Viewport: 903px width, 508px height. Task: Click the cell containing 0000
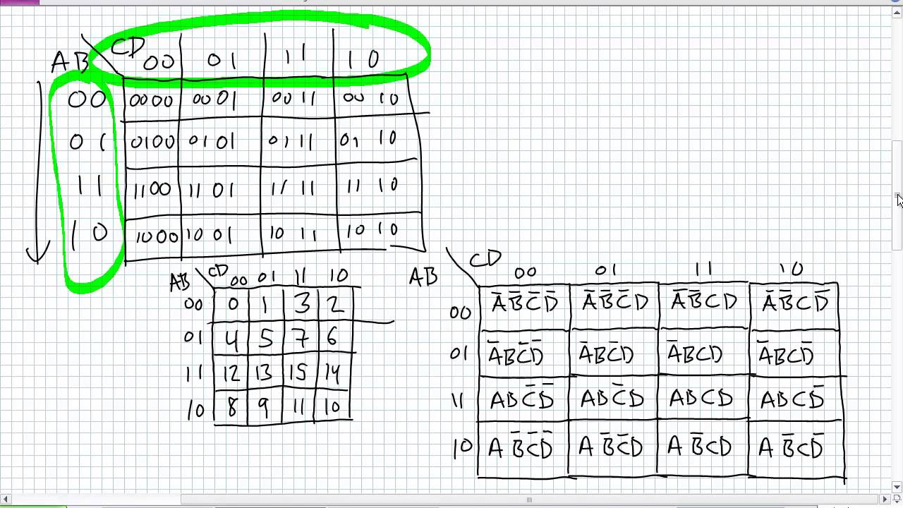click(151, 100)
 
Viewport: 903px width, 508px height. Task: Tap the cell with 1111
click(292, 187)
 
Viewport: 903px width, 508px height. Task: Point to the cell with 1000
click(155, 236)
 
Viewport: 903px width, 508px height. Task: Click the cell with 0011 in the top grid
click(292, 99)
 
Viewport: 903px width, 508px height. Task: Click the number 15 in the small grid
click(300, 373)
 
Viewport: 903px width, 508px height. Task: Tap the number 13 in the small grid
click(264, 373)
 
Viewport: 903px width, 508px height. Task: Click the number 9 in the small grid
click(264, 407)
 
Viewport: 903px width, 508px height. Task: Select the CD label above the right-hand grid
click(485, 260)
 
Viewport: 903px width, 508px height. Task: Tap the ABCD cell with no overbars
click(701, 399)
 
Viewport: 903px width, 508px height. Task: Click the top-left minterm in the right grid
click(524, 303)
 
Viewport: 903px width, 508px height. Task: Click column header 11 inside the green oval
click(295, 56)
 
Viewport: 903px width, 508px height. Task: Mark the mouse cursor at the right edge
click(899, 200)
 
